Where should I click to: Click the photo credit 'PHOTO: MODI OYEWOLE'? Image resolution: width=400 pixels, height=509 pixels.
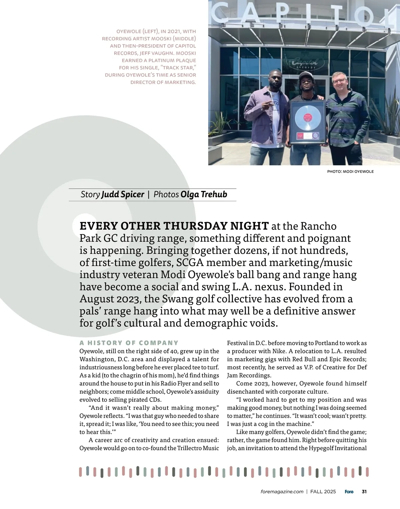350,172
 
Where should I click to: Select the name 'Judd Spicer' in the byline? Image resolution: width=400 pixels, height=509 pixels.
123,195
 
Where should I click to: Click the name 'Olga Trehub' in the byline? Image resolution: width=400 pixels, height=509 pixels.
203,195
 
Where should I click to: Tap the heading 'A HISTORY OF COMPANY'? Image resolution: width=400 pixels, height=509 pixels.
129,343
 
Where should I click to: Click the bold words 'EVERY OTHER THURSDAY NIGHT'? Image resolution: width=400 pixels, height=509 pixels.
174,226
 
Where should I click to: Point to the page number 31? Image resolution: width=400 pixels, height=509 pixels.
364,492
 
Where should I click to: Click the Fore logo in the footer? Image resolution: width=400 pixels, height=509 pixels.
349,492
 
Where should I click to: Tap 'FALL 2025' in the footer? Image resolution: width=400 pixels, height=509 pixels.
323,492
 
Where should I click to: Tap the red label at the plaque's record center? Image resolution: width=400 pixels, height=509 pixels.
307,118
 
